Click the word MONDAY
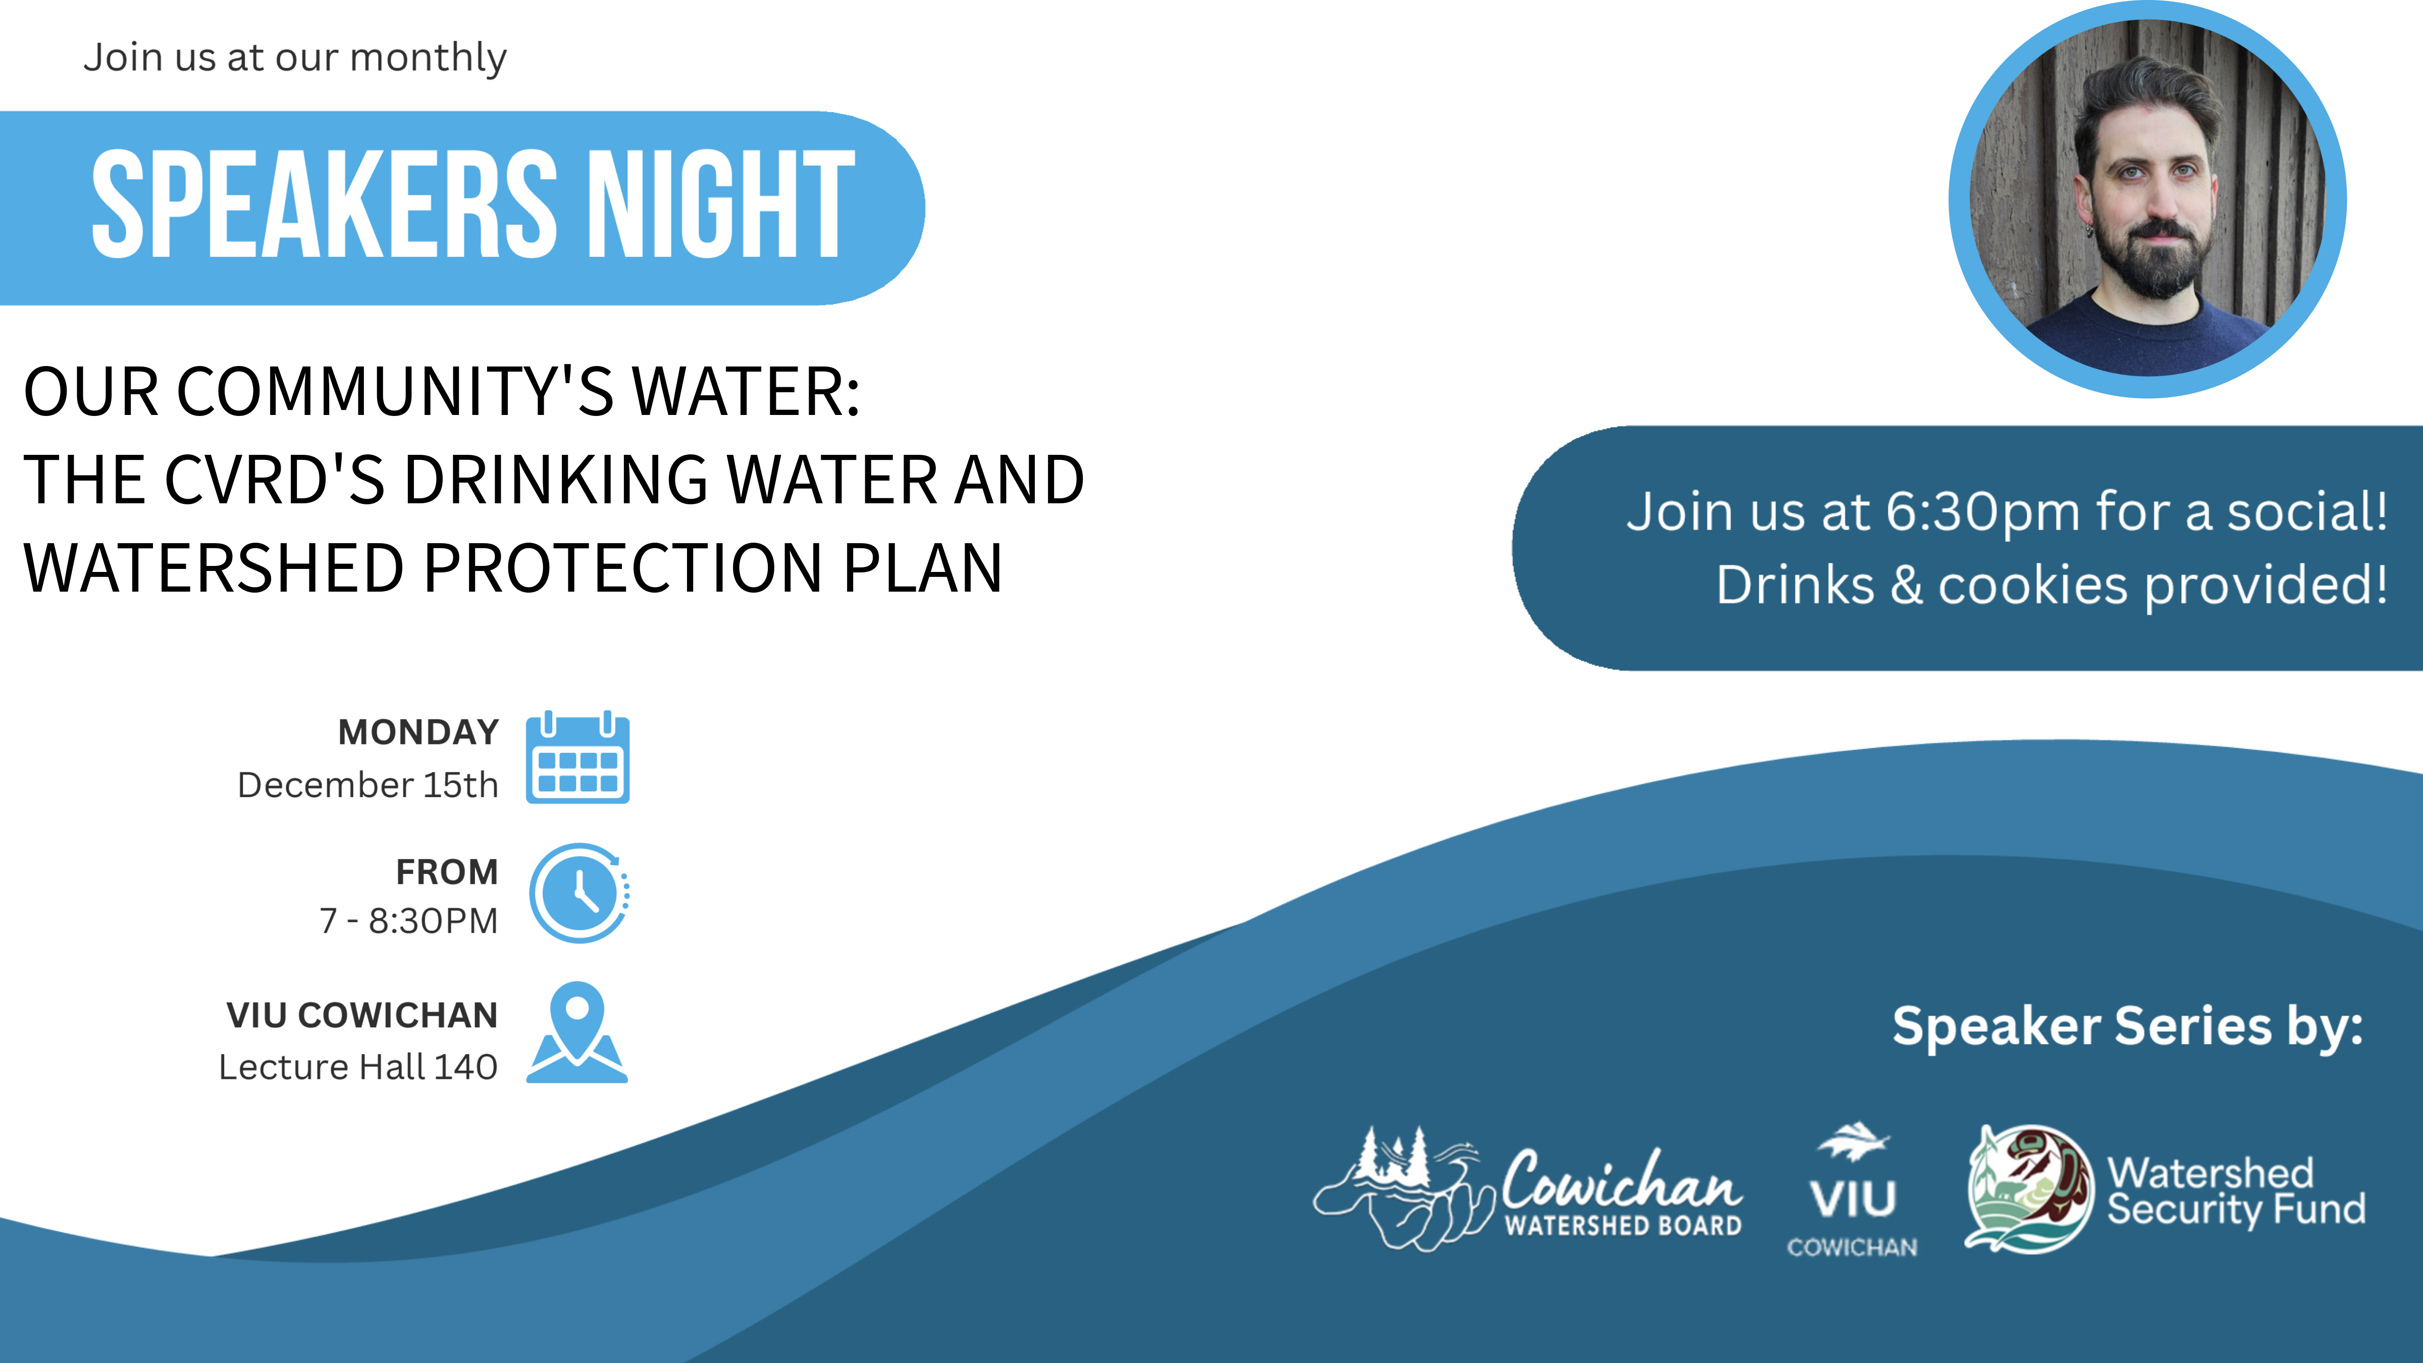418,732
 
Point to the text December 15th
368,784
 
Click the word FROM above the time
447,872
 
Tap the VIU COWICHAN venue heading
362,1015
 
